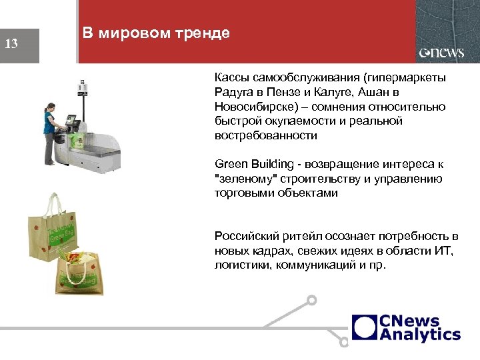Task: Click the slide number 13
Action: pos(11,45)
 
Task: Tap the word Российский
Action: pos(245,237)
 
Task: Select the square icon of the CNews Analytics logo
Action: pos(365,327)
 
